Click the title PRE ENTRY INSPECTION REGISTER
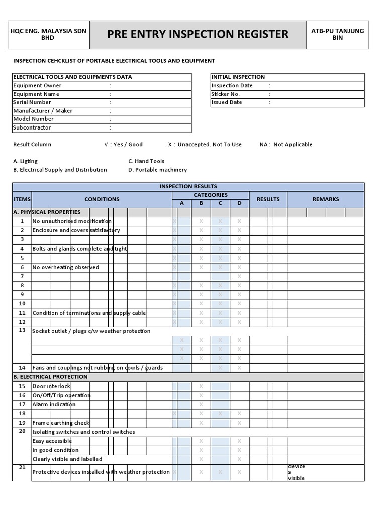click(198, 34)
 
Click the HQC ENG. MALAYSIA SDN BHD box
click(48, 34)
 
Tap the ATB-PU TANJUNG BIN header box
click(337, 34)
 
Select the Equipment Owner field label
click(37, 86)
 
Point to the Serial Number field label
click(32, 102)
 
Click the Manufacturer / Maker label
click(42, 111)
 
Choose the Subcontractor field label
click(32, 127)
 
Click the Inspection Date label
click(232, 86)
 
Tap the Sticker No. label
click(225, 94)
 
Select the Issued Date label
click(227, 102)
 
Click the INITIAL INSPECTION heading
click(238, 77)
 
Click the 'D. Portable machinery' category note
click(157, 170)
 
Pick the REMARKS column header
click(325, 199)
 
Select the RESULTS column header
click(268, 199)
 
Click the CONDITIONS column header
click(102, 199)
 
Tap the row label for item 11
click(22, 313)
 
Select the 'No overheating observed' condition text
click(66, 267)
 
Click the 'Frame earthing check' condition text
click(61, 423)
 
